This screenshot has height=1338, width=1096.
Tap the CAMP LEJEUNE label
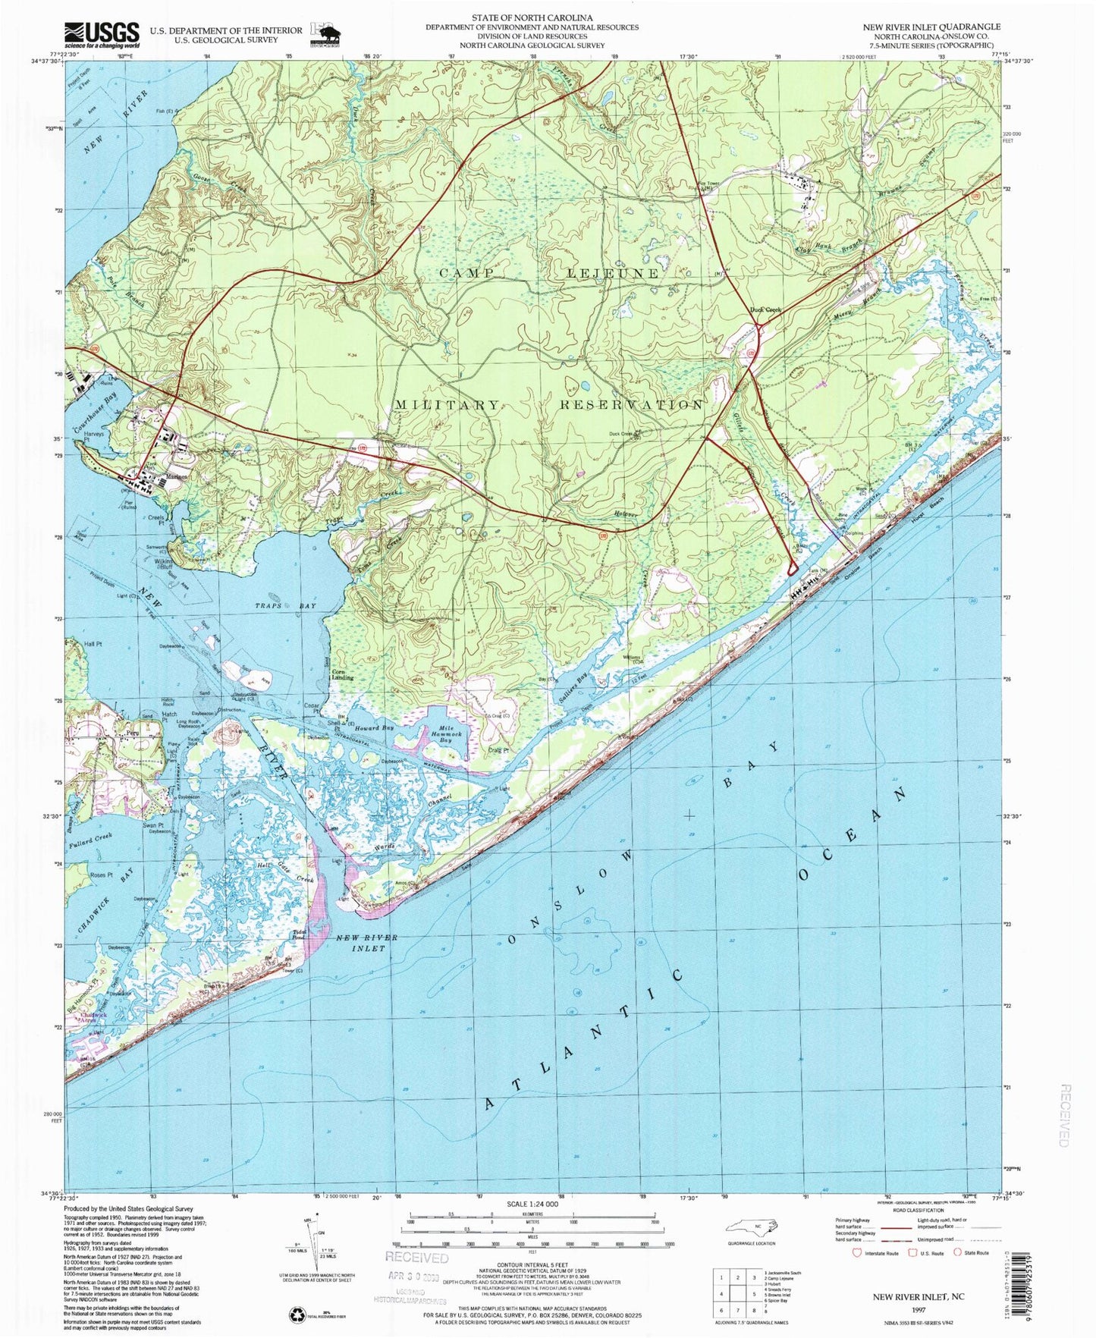pyautogui.click(x=550, y=273)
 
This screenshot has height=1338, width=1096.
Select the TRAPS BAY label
pyautogui.click(x=284, y=606)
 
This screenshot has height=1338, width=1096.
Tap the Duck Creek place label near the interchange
pyautogui.click(x=765, y=309)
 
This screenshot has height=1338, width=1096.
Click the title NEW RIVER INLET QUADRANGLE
pyautogui.click(x=931, y=27)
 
